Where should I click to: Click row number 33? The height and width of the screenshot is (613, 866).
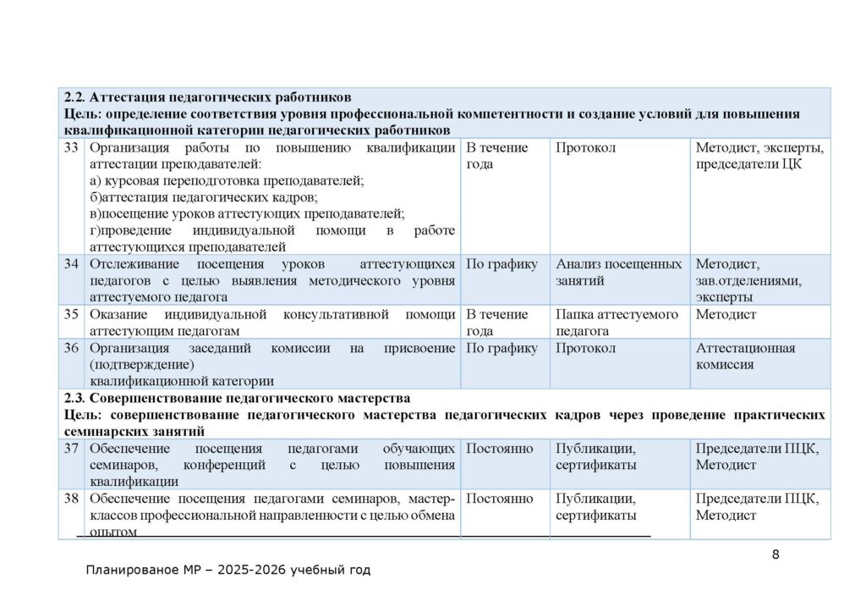71,148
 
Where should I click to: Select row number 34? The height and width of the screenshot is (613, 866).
71,264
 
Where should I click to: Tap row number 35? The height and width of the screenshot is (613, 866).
71,315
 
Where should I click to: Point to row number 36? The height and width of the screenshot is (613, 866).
71,348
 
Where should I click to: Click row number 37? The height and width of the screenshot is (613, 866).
71,449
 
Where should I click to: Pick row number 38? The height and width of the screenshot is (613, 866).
71,499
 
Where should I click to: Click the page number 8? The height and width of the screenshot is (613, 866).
776,555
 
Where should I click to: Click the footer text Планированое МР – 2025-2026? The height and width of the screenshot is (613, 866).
228,571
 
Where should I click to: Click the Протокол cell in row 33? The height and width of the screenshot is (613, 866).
585,148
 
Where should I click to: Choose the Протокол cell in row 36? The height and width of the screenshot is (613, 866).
585,348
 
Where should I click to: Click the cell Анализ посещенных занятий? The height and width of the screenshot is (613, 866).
618,272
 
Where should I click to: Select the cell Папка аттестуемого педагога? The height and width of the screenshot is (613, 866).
617,323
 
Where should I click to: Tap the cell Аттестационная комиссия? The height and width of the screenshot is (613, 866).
745,356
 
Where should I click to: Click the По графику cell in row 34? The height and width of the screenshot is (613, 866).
502,264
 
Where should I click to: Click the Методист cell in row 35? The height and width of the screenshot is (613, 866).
726,315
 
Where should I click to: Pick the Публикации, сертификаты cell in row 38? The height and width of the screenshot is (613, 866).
596,506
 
